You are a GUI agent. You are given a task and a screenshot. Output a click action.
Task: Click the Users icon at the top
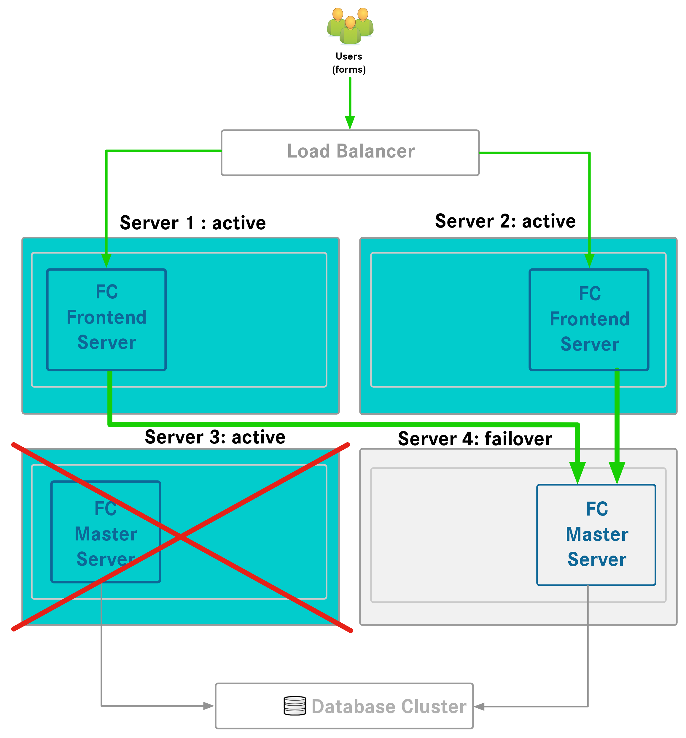350,26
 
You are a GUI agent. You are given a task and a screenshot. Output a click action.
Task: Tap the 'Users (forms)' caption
349,63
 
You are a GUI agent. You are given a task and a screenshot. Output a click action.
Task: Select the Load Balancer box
350,152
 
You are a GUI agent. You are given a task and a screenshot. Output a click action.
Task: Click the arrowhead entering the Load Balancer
350,122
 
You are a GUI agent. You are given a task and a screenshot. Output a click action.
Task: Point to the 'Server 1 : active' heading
193,223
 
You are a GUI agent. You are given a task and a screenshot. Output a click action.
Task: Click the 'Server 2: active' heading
505,221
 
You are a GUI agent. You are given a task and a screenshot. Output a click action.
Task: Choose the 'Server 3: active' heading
215,437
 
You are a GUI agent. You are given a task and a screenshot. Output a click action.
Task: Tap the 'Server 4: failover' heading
475,439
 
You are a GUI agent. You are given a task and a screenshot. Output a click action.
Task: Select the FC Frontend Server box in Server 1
106,320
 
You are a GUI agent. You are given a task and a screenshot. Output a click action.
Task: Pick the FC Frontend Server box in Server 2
589,320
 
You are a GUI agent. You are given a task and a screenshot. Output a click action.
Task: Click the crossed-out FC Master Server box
106,532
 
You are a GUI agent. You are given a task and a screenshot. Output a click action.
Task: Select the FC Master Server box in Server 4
596,535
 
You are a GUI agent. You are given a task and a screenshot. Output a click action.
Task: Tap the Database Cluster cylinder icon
295,706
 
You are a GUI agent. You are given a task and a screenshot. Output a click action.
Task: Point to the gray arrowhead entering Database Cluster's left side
208,706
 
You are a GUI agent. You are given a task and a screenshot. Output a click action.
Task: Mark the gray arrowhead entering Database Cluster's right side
480,707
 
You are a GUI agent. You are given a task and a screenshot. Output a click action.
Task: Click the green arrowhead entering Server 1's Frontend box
106,261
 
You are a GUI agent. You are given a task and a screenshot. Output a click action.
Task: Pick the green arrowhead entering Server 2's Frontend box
589,261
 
